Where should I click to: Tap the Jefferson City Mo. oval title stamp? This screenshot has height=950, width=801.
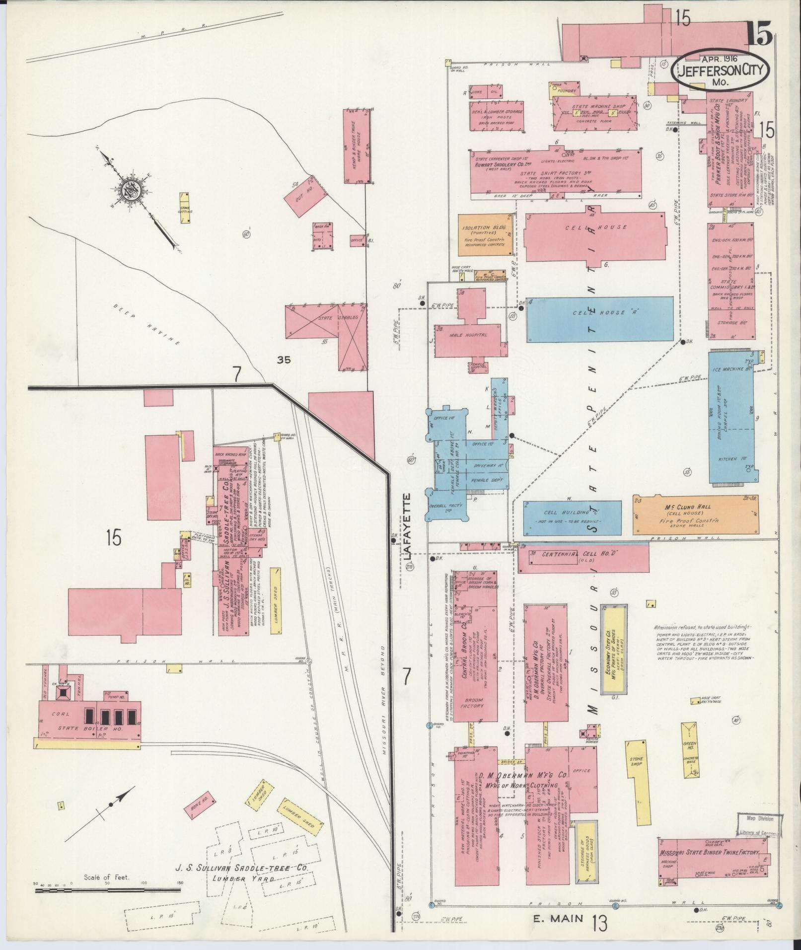(720, 70)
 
